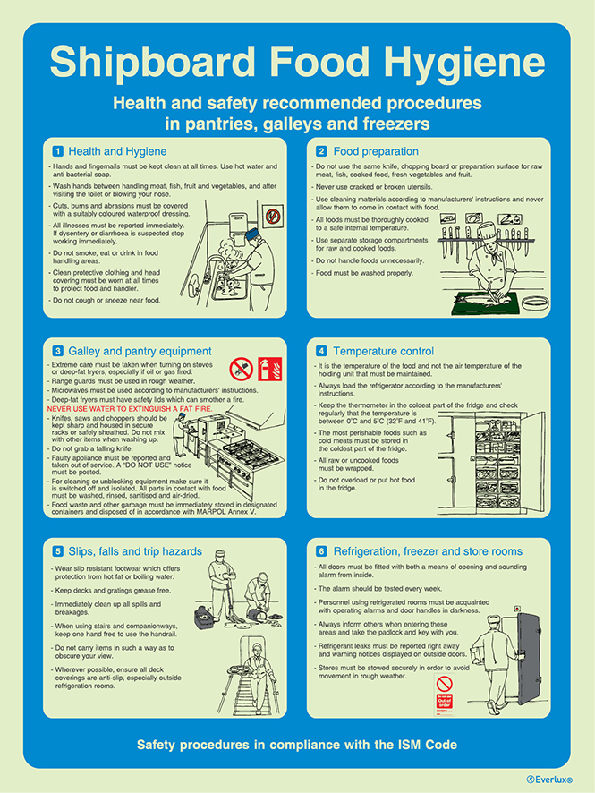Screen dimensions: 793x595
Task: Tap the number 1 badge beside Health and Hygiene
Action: coord(58,151)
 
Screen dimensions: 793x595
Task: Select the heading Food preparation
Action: coord(376,151)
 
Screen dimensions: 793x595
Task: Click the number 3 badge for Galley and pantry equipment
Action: coord(58,351)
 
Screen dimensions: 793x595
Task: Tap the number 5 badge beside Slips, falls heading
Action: coord(58,551)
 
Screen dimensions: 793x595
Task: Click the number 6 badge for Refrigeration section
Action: coord(321,551)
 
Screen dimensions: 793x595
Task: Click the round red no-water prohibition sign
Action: coord(240,368)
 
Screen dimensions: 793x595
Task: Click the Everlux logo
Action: coord(548,780)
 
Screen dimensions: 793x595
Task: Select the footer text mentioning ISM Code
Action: coord(297,745)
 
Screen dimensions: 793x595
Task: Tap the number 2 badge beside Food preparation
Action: coord(321,151)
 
